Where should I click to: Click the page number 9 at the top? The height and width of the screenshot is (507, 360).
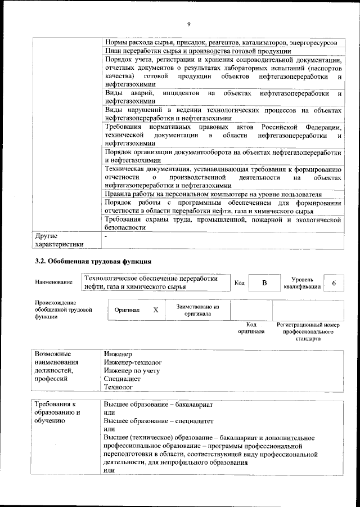coord(189,23)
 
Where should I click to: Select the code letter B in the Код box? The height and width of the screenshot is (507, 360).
coord(264,283)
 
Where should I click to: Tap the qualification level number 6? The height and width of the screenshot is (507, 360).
coord(334,283)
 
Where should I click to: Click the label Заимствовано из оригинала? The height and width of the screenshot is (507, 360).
coord(197,310)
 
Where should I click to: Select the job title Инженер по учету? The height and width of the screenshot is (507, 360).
coord(132,371)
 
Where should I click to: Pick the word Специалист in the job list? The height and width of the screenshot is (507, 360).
coord(122,379)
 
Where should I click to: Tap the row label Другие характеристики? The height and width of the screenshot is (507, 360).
coord(59,240)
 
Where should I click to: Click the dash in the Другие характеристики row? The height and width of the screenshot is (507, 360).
coord(106,236)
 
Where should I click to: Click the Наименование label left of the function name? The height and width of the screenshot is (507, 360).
coord(53,282)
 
